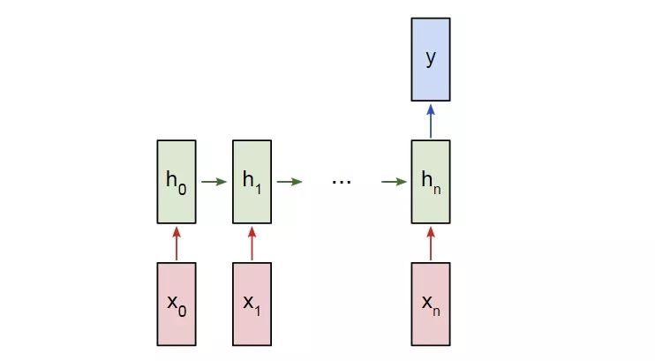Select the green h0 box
click(x=176, y=182)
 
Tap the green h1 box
click(x=252, y=182)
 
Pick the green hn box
click(x=431, y=182)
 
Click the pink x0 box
click(x=176, y=303)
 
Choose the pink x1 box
click(x=252, y=303)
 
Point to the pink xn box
click(x=431, y=303)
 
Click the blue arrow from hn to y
click(x=431, y=120)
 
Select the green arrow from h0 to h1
click(x=214, y=183)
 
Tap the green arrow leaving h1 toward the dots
click(x=289, y=183)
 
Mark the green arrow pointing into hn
click(x=394, y=183)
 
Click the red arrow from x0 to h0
click(x=176, y=243)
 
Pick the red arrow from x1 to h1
click(x=252, y=243)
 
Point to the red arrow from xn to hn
click(x=431, y=243)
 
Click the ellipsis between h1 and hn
click(x=342, y=182)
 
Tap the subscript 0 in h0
click(x=182, y=187)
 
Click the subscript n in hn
click(x=437, y=187)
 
